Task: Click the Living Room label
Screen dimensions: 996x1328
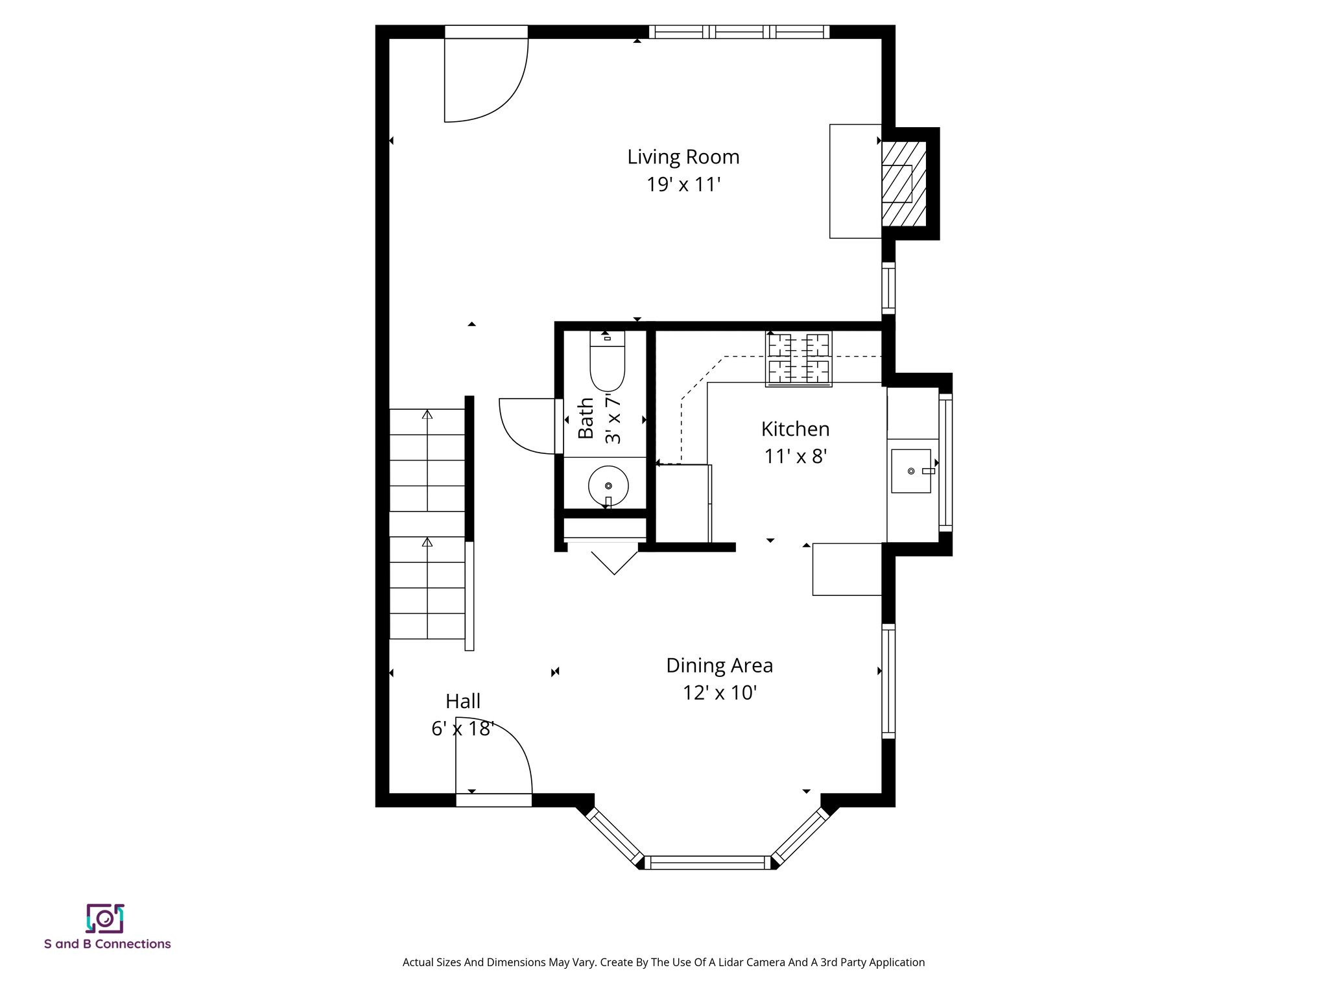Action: point(683,157)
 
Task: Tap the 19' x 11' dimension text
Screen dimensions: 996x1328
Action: point(683,185)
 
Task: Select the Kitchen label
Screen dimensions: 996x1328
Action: point(795,429)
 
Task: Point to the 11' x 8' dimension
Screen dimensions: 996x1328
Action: point(795,457)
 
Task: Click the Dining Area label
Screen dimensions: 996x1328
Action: point(719,665)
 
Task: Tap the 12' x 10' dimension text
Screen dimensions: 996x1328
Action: point(719,693)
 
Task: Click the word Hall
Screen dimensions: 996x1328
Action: point(463,701)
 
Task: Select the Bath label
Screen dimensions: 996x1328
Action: point(586,418)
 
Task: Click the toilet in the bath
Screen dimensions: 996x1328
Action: point(607,363)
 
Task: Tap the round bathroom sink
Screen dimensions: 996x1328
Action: point(608,485)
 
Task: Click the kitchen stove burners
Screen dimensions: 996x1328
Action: point(798,359)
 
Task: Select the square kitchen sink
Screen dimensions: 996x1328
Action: point(911,471)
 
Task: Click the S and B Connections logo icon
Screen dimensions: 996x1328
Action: point(105,918)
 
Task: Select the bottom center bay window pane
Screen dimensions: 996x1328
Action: point(707,862)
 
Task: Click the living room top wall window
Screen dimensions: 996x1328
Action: point(739,32)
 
